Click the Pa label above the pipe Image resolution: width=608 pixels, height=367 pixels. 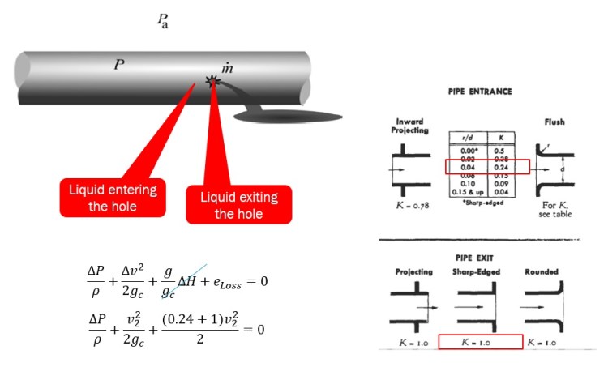[162, 20]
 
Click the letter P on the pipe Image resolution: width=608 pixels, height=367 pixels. [119, 63]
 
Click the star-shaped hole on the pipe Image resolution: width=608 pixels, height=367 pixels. [213, 81]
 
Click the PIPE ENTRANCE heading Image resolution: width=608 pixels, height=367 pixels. [480, 92]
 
